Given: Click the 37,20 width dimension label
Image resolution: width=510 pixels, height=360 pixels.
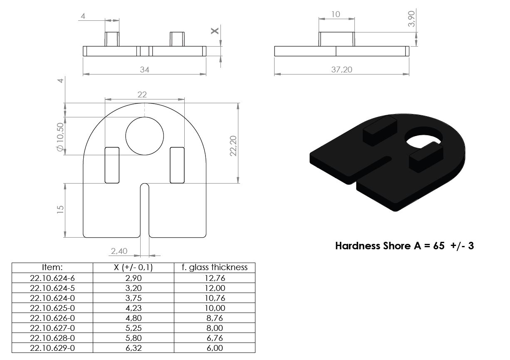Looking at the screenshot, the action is click(342, 70).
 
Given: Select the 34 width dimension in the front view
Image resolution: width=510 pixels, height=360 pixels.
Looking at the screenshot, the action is click(145, 70).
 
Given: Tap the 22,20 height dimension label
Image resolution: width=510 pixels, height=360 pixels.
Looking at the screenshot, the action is click(233, 146).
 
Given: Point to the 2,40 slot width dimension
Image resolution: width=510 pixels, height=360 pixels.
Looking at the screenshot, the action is click(119, 251).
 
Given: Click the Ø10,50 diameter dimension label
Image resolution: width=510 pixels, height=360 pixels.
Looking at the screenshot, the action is click(60, 137).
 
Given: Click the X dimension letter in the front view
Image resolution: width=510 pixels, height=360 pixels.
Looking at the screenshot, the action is click(215, 31).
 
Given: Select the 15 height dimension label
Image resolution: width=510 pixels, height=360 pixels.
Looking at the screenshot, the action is click(60, 209).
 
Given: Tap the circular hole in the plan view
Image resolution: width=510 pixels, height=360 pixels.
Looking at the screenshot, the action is click(145, 136).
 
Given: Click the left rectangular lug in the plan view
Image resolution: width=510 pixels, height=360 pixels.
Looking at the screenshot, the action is click(112, 165).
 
